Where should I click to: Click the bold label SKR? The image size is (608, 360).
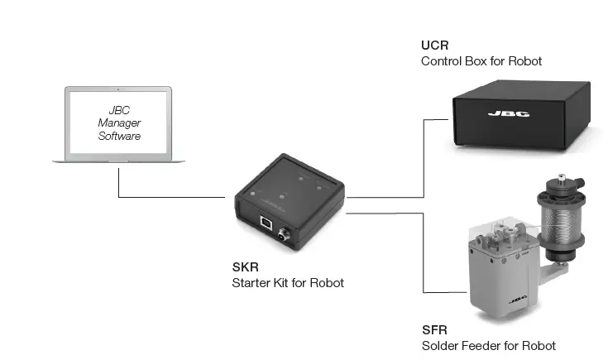[245, 268]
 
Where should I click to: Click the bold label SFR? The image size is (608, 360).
[434, 330]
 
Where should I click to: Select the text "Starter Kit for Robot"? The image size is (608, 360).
[288, 283]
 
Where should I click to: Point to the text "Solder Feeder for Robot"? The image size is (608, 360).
[488, 345]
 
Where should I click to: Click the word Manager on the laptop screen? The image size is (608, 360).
[120, 122]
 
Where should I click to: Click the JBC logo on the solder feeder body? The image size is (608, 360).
[517, 300]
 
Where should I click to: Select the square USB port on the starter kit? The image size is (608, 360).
[267, 223]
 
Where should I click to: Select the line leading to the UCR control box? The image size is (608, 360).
[424, 157]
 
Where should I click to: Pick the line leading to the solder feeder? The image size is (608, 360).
[424, 257]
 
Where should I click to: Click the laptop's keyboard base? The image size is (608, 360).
[119, 160]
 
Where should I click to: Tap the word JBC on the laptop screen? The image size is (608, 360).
[120, 109]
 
